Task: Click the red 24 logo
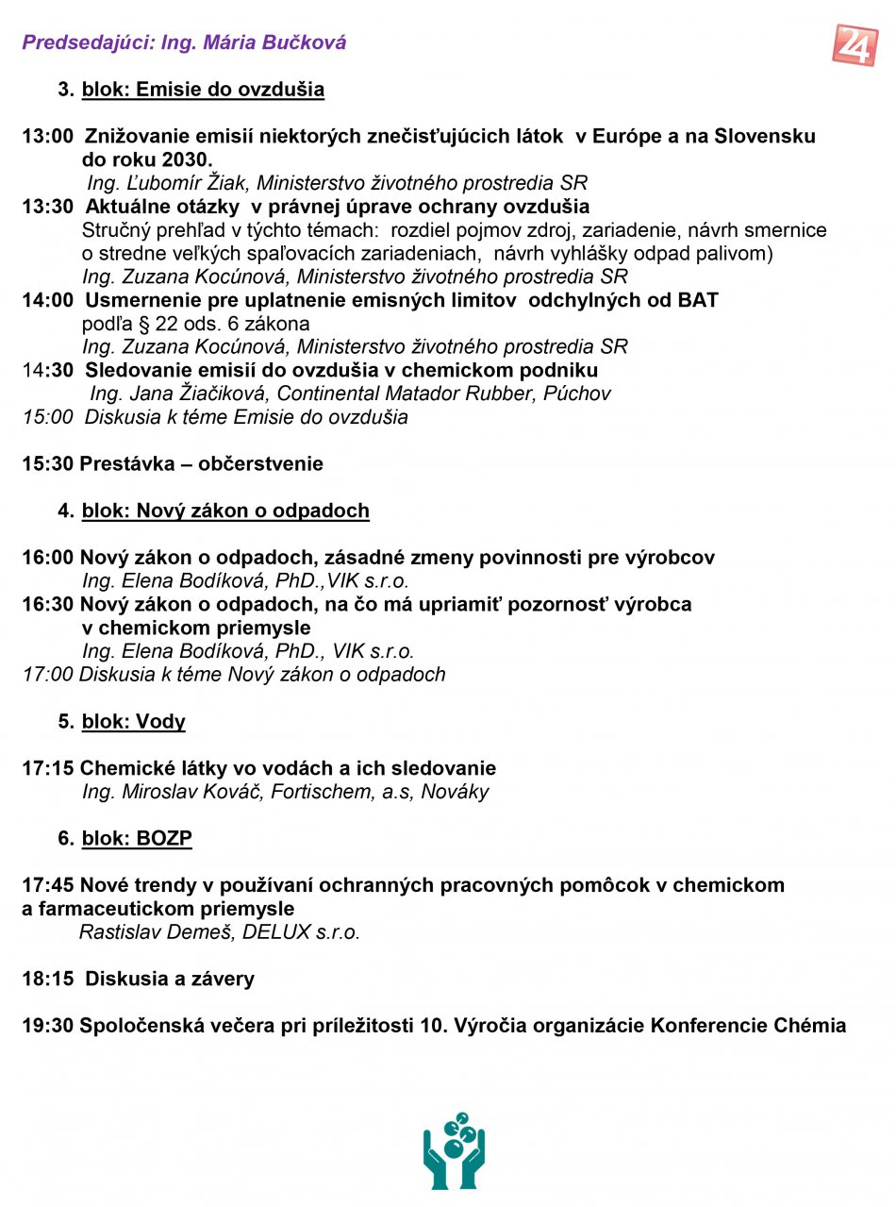tap(855, 44)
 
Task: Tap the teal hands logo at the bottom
tap(454, 1149)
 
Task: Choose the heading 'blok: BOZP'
tap(137, 839)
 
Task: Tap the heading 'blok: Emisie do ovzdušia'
tap(203, 90)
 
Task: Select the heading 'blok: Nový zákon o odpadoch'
tap(225, 511)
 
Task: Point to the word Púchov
tap(576, 394)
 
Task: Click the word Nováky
tap(456, 792)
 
